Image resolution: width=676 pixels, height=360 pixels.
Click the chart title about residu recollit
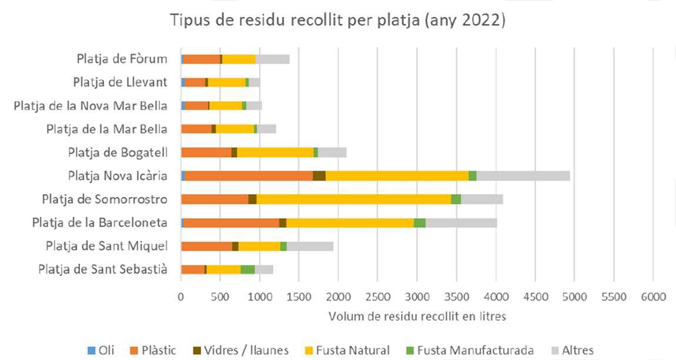pyautogui.click(x=338, y=21)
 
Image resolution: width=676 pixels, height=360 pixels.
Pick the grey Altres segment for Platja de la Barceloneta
pyautogui.click(x=461, y=222)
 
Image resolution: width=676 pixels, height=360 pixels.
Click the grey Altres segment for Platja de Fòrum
pyautogui.click(x=272, y=59)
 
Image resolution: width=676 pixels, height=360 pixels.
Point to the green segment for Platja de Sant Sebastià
pyautogui.click(x=247, y=269)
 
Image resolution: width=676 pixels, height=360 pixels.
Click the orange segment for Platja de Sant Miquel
pyautogui.click(x=206, y=246)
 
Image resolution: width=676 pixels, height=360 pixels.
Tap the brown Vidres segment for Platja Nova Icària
pyautogui.click(x=319, y=175)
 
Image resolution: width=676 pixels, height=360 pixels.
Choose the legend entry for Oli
pyautogui.click(x=101, y=351)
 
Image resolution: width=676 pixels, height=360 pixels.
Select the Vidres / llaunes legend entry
pyautogui.click(x=240, y=351)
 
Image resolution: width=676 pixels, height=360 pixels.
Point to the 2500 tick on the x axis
pyautogui.click(x=377, y=297)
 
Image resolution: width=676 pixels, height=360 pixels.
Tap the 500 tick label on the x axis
pyautogui.click(x=220, y=297)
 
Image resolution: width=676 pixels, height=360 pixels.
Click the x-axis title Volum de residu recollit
pyautogui.click(x=417, y=316)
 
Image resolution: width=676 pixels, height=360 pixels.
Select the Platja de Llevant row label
pyautogui.click(x=120, y=82)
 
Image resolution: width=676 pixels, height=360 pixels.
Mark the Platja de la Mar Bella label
pyautogui.click(x=106, y=129)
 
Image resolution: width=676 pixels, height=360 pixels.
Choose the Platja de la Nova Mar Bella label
pyautogui.click(x=90, y=105)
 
